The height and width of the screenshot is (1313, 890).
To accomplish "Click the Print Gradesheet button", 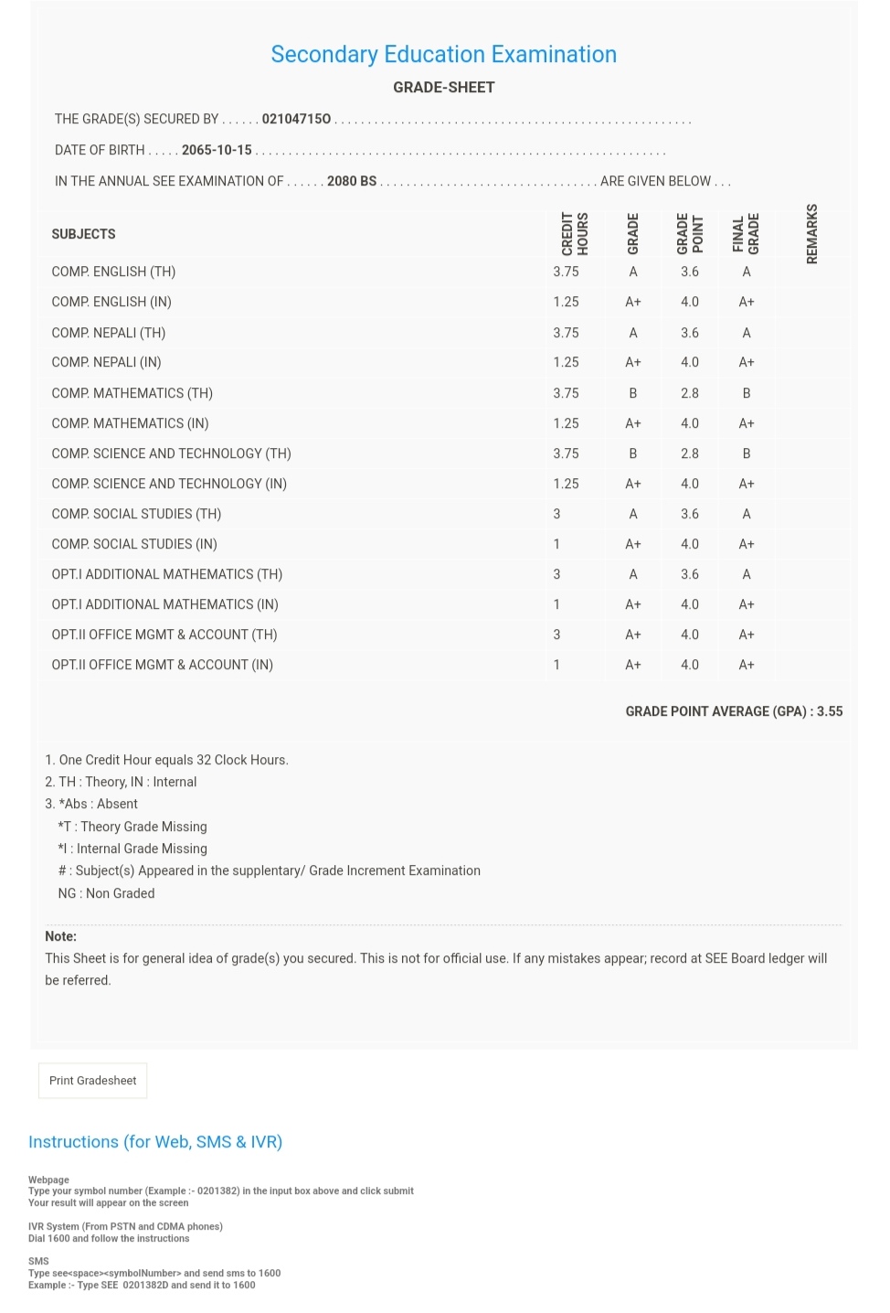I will coord(92,1081).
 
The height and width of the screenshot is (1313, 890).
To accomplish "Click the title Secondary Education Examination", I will coord(443,55).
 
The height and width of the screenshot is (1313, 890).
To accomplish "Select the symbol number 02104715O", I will coord(296,119).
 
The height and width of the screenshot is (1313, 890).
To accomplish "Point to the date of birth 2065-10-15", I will coord(217,150).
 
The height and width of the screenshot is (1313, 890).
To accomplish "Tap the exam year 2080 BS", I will coord(352,181).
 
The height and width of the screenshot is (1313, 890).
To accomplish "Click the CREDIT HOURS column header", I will coord(575,234).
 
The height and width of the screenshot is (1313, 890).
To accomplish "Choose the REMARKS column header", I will coord(812,234).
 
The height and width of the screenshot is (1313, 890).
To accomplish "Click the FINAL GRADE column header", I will coord(746,234).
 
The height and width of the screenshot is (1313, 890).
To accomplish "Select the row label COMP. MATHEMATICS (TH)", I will coord(132,393).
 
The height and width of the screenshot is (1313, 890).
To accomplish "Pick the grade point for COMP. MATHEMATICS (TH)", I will coord(690,393).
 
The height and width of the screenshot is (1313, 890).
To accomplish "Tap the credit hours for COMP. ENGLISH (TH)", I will coord(566,272).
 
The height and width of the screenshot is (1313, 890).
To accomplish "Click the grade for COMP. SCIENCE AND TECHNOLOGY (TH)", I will coord(633,454).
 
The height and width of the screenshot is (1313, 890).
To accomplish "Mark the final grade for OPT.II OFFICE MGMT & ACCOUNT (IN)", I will coord(747,665).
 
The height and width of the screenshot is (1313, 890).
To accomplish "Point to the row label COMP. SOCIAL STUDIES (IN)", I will coord(134,544).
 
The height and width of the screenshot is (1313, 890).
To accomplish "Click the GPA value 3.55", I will coord(830,711).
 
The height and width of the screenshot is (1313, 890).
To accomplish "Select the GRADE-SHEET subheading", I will coord(443,88).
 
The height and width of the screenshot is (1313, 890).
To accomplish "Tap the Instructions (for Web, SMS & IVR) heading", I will coord(155,1142).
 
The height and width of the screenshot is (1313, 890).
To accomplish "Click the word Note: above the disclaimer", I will coord(61,936).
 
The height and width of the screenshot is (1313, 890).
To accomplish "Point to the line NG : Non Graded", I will coord(106,893).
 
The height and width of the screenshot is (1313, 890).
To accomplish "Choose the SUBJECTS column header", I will coord(83,234).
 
